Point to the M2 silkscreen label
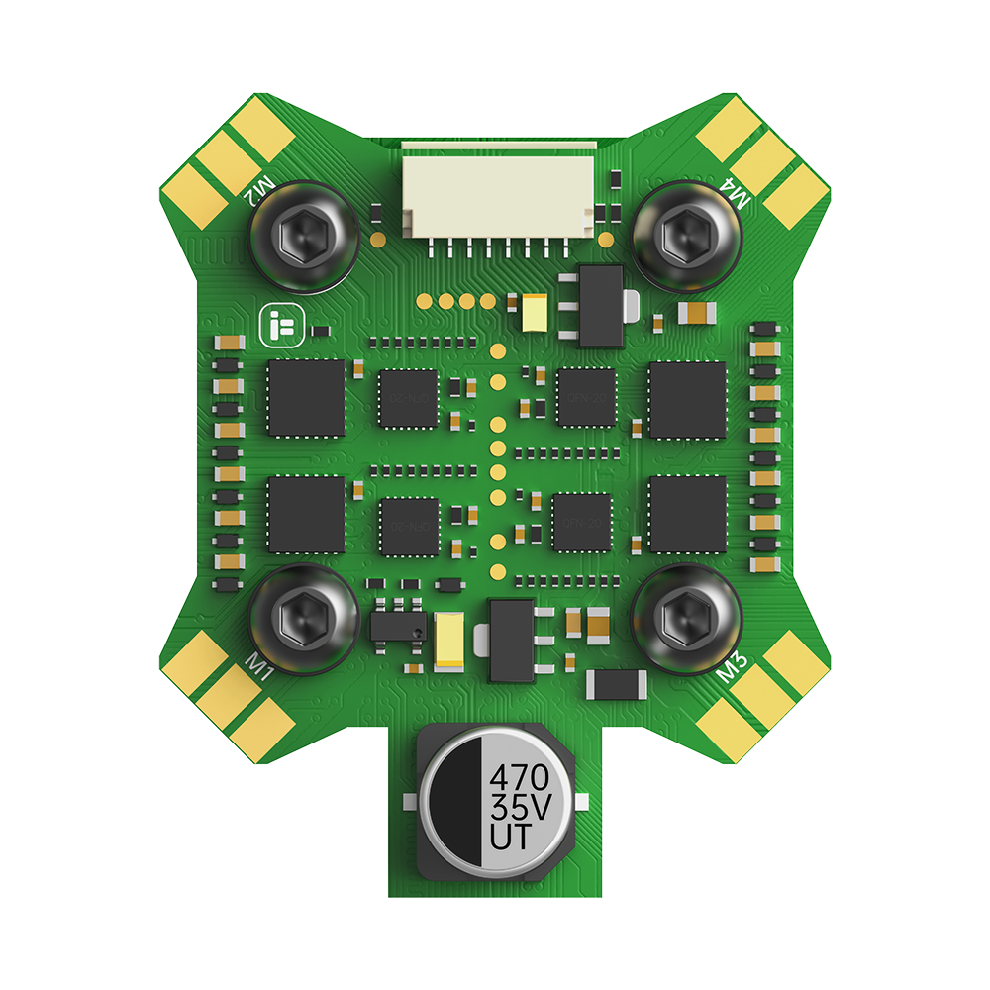(261, 185)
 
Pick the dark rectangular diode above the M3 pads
(617, 683)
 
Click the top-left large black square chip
(306, 398)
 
